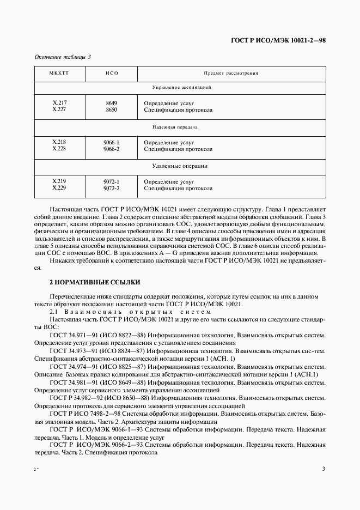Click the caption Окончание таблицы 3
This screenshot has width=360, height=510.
[x=63, y=56]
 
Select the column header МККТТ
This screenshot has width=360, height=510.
[x=59, y=72]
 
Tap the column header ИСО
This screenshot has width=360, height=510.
[x=112, y=72]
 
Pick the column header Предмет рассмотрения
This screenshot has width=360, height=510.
[x=231, y=72]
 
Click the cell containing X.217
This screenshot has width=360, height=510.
[x=59, y=102]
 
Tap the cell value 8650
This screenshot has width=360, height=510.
[x=112, y=110]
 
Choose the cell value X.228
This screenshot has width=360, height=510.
[x=59, y=149]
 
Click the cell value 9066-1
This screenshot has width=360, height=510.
[x=112, y=142]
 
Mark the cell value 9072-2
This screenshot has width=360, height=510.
[x=112, y=188]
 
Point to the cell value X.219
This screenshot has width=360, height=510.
[x=59, y=181]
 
